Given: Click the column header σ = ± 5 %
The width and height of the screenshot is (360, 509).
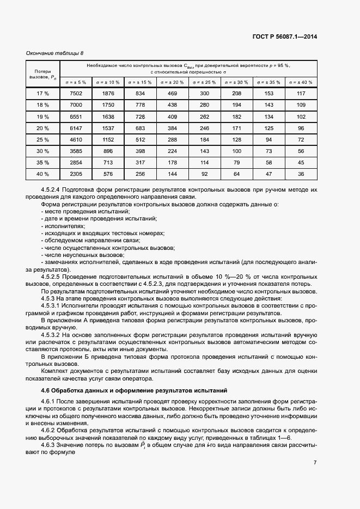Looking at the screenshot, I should [x=76, y=82].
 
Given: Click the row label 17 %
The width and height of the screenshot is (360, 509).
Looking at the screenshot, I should [x=42, y=94].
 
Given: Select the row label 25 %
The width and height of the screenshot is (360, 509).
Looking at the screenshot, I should [x=42, y=139].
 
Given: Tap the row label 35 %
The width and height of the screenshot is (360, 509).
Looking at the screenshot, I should [x=42, y=162].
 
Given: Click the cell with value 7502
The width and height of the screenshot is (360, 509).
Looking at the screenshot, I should [x=76, y=94].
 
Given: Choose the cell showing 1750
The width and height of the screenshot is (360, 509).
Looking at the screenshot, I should [x=108, y=105].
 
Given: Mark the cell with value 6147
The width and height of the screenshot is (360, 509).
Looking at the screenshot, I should [x=76, y=128].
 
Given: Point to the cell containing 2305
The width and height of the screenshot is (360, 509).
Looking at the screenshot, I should [x=76, y=174].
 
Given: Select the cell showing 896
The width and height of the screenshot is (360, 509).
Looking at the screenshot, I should [x=108, y=151].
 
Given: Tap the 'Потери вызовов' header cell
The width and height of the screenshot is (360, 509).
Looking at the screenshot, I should [x=42, y=74].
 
